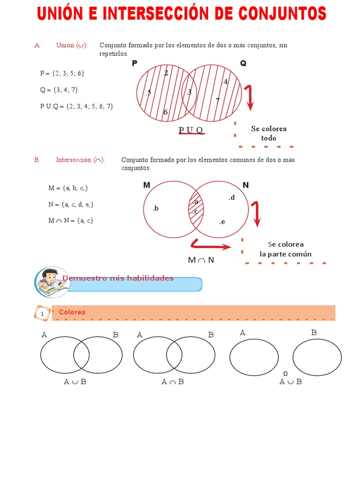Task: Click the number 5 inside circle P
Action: point(149,92)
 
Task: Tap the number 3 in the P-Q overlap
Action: point(189,92)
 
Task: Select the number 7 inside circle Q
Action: point(217,101)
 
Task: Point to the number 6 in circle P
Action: point(165,112)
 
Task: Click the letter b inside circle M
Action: point(156,208)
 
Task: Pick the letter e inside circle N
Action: point(222,222)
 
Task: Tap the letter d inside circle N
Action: point(232,198)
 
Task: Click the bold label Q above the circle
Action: point(243,63)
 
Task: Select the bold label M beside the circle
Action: point(147,185)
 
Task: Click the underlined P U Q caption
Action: point(191,130)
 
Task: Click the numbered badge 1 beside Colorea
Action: point(42,314)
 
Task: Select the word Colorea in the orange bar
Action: point(72,312)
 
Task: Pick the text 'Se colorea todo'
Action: point(269,133)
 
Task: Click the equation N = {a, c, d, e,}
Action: point(71,204)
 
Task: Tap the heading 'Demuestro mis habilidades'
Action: point(118,278)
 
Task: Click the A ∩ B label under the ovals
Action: point(172,382)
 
